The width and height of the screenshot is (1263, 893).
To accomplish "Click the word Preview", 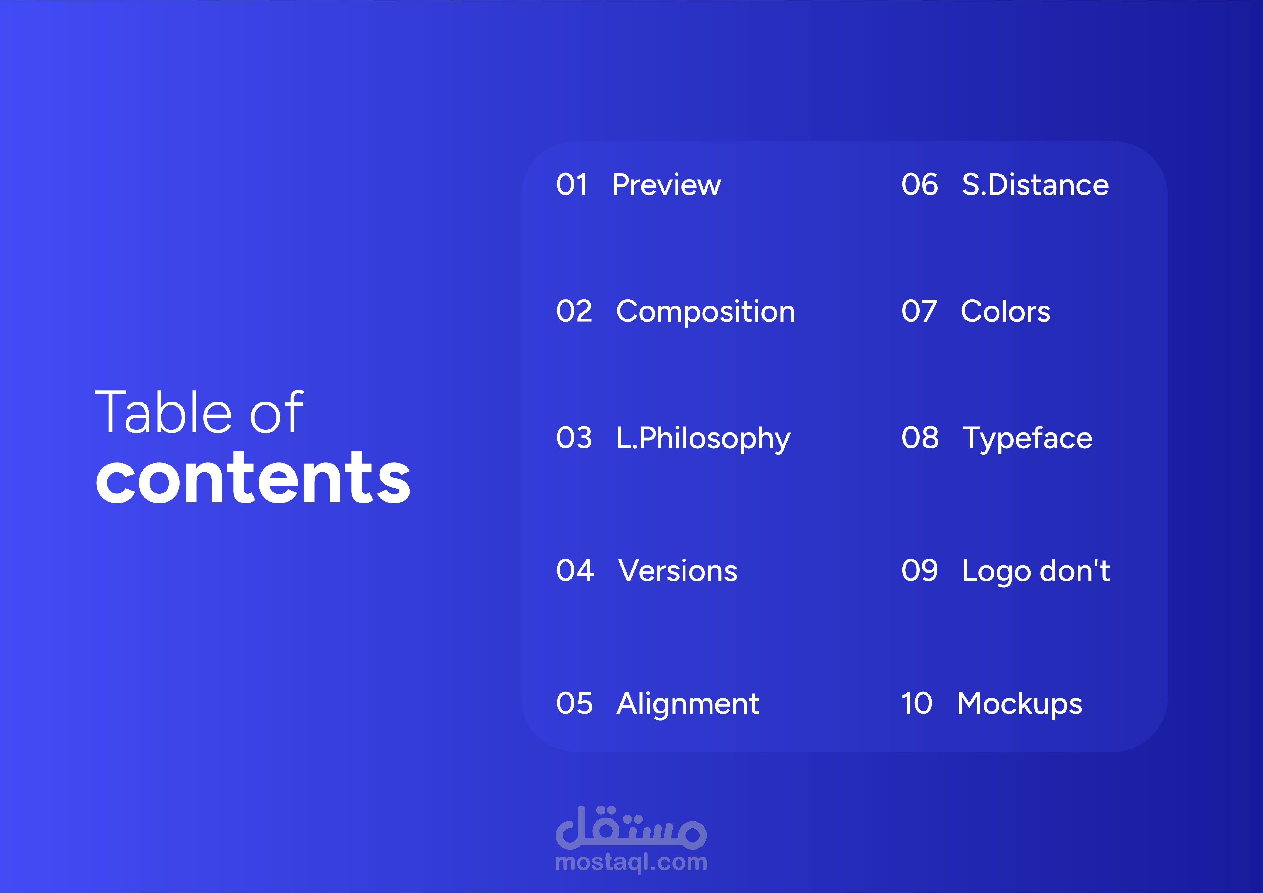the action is coord(666,185).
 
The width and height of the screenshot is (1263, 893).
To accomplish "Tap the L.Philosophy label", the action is coord(703,439).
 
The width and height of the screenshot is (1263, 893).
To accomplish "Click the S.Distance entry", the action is coord(1035,185).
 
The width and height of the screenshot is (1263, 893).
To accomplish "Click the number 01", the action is coord(572,185).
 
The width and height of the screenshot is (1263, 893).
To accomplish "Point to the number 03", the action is coord(574,438).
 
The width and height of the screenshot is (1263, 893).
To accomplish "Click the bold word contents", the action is coord(253,477).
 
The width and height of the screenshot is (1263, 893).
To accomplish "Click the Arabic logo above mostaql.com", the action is coord(631,827).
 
